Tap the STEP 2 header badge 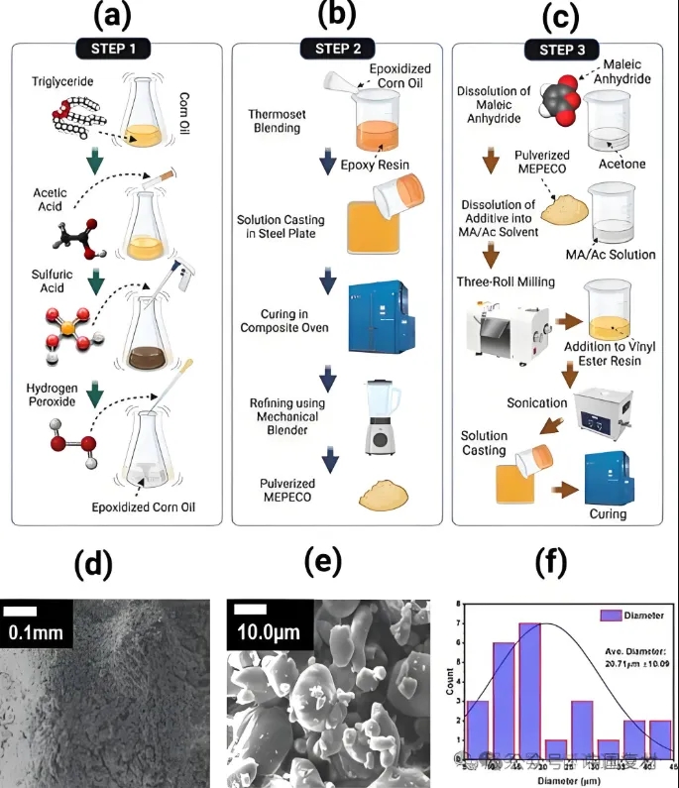point(332,47)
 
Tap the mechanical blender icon point(383,418)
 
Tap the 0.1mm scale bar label point(34,629)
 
